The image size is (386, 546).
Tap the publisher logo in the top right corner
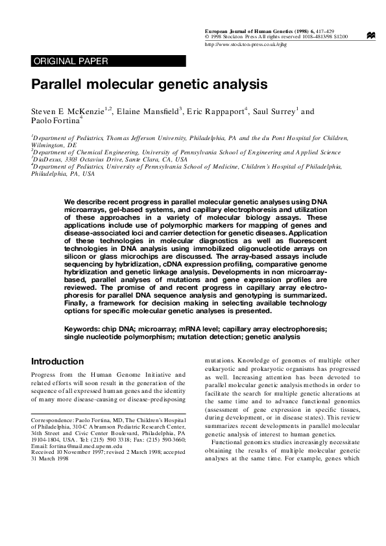coord(370,37)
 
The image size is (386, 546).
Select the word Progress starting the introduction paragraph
coord(48,374)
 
